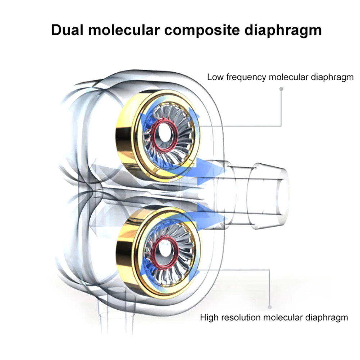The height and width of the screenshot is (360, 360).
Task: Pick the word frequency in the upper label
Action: coord(245,78)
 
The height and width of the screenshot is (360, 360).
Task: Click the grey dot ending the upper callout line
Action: coord(281,88)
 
